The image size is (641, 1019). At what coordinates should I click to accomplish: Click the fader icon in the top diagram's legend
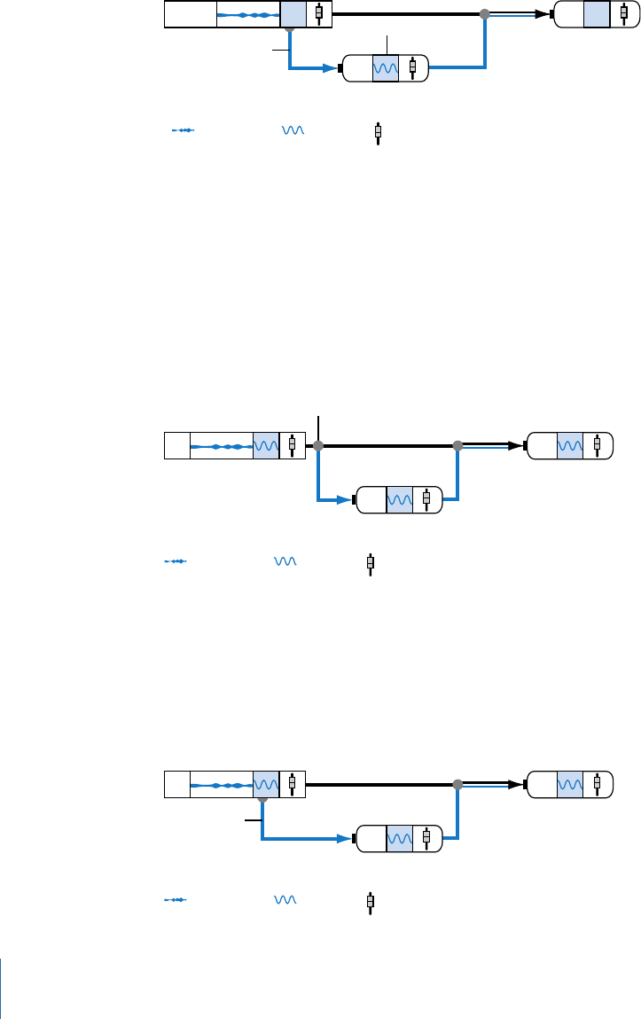[379, 132]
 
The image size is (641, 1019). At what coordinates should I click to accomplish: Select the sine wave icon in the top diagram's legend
[293, 130]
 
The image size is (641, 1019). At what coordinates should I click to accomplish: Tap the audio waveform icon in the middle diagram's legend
[177, 561]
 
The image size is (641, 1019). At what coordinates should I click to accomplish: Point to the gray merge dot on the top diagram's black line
[484, 14]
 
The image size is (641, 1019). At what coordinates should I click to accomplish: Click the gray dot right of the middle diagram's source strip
[317, 445]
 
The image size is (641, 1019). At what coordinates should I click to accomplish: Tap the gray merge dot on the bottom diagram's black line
[457, 784]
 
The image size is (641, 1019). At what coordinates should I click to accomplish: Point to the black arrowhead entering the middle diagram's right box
[518, 445]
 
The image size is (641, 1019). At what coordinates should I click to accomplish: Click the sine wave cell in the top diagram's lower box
[387, 68]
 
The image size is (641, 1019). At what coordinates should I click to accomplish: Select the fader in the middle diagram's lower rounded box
[426, 499]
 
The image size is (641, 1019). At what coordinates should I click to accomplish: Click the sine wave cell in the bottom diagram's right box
[570, 784]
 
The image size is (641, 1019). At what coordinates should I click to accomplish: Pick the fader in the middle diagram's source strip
[293, 445]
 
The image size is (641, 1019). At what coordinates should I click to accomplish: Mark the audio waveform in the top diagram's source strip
[248, 15]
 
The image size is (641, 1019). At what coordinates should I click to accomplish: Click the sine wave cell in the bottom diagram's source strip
[266, 784]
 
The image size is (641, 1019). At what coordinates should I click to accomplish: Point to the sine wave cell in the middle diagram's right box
[570, 445]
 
